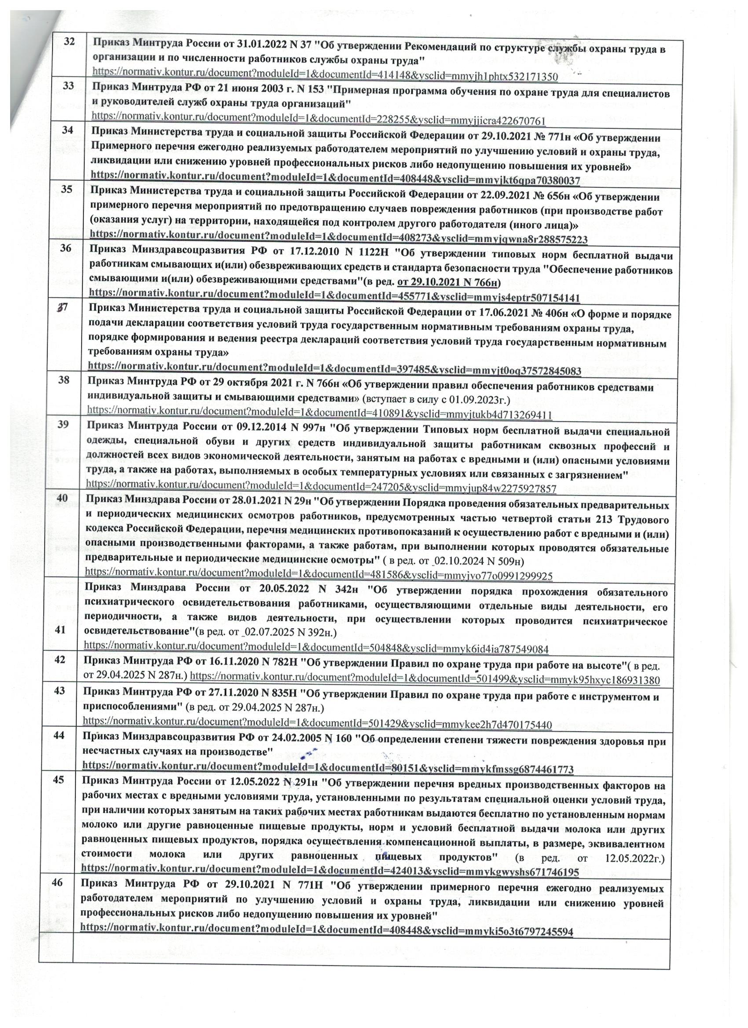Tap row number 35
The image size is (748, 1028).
(x=67, y=189)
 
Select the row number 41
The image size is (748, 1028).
(x=60, y=630)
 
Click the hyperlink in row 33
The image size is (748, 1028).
(x=318, y=121)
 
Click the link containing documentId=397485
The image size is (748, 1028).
(x=334, y=371)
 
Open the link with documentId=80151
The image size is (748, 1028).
(x=327, y=769)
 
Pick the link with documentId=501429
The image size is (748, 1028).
(x=317, y=725)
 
